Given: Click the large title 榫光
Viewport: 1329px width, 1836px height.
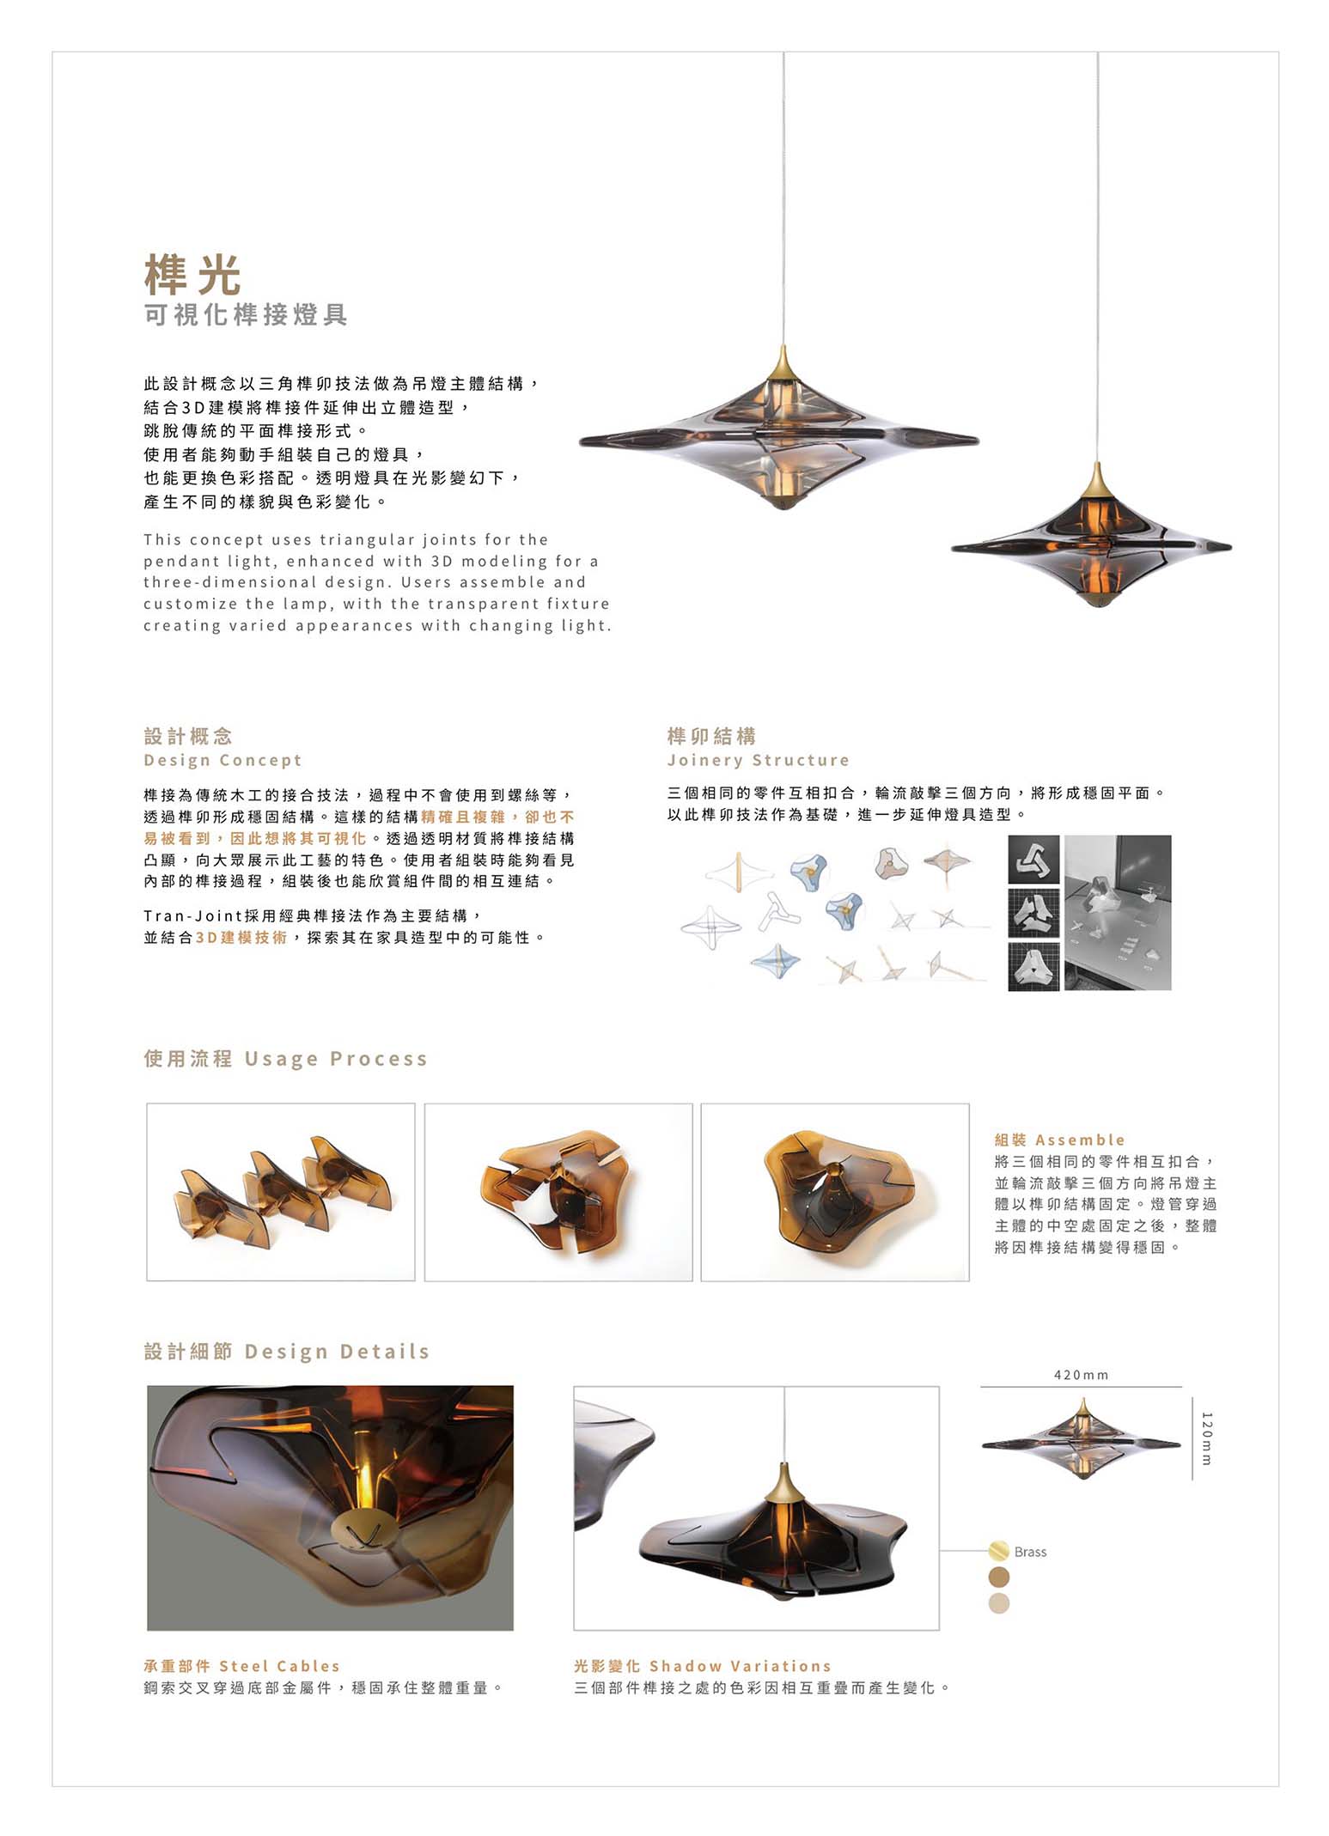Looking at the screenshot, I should pos(192,275).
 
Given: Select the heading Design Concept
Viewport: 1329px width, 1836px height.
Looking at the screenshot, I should pos(223,760).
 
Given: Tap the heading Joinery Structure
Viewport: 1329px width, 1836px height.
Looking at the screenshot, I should pos(758,760).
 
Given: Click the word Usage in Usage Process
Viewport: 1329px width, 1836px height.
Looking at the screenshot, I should pos(281,1059).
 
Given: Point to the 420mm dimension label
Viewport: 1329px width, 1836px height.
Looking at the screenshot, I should pos(1081,1375).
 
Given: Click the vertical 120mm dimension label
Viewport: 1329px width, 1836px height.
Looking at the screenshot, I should pos(1206,1438).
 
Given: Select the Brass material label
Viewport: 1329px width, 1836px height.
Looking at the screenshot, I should pos(1030,1552).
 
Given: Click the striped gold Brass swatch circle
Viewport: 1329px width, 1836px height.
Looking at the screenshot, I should pos(998,1551).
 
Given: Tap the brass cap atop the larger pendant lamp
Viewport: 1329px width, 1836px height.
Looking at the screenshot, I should pos(783,365).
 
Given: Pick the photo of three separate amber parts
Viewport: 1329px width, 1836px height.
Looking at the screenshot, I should pos(281,1192).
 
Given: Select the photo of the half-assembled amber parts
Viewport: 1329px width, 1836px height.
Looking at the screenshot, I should pos(558,1192).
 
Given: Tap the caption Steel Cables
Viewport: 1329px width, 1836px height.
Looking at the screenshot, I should pos(279,1666).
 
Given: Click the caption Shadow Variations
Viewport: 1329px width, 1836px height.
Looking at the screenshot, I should pos(740,1666).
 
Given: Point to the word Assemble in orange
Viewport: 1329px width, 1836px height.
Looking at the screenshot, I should pos(1080,1140).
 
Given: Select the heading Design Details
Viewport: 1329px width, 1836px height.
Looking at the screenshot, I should pos(336,1352).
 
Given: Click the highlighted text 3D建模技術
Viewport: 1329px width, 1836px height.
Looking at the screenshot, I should pos(241,938).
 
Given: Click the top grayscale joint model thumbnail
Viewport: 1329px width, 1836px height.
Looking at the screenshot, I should pos(1033,859).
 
